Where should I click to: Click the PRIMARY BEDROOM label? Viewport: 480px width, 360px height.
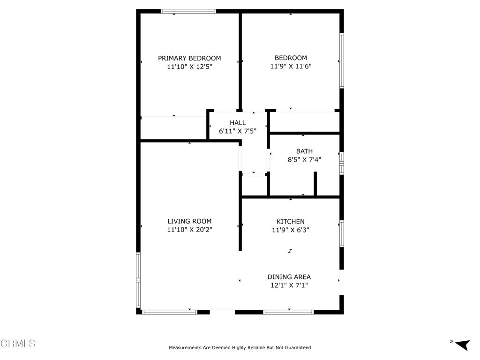189,58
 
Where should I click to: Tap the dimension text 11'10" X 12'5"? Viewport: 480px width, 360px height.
189,67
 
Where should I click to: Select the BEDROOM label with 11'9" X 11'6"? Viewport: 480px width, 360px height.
291,58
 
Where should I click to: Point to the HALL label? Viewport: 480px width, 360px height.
238,123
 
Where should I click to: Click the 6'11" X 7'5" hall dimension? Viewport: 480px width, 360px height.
238,131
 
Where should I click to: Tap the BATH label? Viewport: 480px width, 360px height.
304,151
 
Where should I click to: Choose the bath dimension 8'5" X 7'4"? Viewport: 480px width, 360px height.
304,160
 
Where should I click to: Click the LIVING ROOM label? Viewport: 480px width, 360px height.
189,221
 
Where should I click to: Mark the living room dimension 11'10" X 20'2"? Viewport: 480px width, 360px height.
189,230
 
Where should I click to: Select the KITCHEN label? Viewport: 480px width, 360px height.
291,221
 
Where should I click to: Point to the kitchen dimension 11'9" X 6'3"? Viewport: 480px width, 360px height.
291,230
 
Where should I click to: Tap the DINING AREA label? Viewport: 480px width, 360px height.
289,277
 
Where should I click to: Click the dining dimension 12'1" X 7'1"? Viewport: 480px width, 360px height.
289,285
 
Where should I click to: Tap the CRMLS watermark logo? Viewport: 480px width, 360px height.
18,344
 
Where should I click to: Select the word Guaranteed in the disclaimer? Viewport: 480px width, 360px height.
297,348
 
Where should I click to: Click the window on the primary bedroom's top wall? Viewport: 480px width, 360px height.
188,11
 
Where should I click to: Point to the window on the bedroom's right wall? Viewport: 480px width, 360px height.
342,60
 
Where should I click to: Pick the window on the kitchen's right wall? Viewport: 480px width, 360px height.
342,233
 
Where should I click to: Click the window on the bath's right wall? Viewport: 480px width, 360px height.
342,163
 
